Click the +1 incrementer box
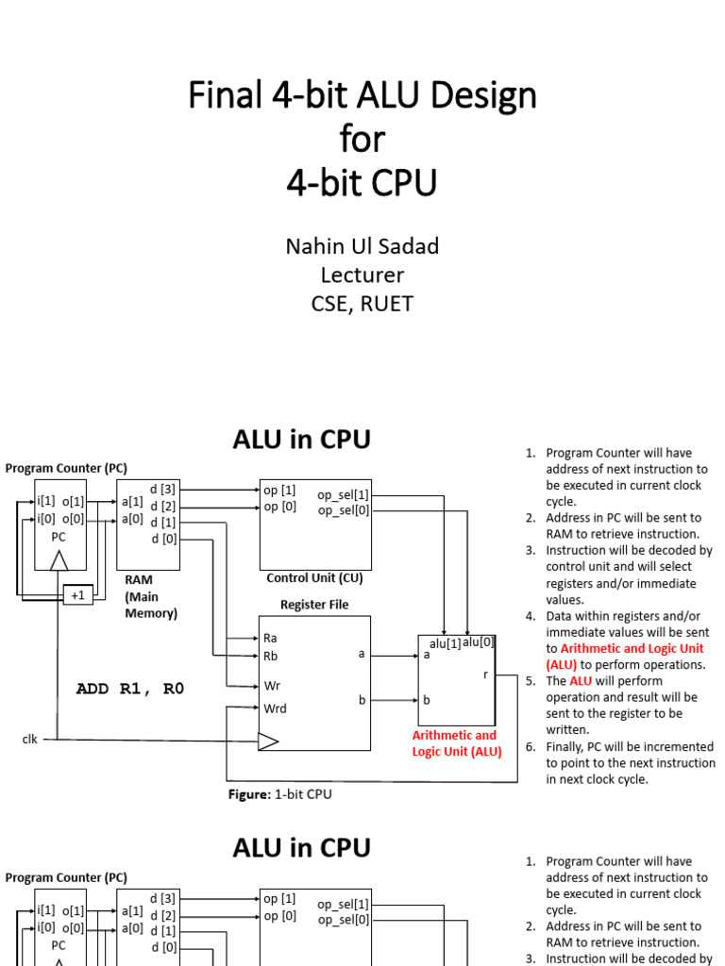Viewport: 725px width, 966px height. click(x=78, y=595)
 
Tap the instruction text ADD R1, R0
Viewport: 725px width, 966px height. click(x=130, y=689)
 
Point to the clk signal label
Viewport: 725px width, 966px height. click(x=29, y=739)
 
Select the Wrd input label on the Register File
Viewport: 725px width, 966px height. click(x=275, y=708)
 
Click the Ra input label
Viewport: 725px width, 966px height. click(x=270, y=638)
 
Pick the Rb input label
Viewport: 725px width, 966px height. click(x=270, y=657)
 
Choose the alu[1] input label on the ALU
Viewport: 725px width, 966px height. click(x=446, y=643)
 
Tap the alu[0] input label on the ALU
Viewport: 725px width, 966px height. click(x=479, y=641)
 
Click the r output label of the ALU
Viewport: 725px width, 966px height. click(x=486, y=675)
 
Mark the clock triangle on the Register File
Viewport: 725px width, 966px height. click(x=268, y=741)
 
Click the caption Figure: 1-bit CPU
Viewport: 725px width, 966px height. click(x=279, y=794)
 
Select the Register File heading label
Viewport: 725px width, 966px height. click(x=314, y=605)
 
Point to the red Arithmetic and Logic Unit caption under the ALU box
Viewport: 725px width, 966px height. click(x=457, y=743)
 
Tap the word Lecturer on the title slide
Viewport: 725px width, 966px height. click(x=362, y=275)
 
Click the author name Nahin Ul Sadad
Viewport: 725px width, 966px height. click(x=362, y=246)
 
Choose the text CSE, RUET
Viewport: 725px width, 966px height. click(x=362, y=304)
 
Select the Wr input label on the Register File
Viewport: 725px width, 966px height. click(x=272, y=686)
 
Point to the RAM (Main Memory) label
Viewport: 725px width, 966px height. click(x=151, y=596)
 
